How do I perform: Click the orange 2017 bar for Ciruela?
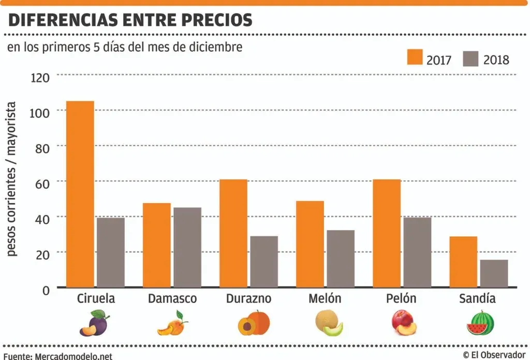click(x=80, y=194)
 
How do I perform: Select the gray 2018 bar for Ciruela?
click(x=111, y=252)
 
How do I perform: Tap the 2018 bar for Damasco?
click(x=187, y=247)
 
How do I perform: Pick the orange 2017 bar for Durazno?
click(x=233, y=233)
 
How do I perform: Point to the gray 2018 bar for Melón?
click(x=341, y=258)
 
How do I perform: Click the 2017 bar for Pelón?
click(x=387, y=233)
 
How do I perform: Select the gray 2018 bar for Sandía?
click(x=494, y=273)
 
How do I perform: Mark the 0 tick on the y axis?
click(x=46, y=290)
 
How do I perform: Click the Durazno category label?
click(x=248, y=299)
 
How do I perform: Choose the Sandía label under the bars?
click(x=477, y=299)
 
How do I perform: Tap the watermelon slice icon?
click(x=480, y=323)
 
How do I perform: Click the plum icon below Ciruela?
click(x=94, y=323)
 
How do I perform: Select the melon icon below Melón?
click(x=329, y=323)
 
